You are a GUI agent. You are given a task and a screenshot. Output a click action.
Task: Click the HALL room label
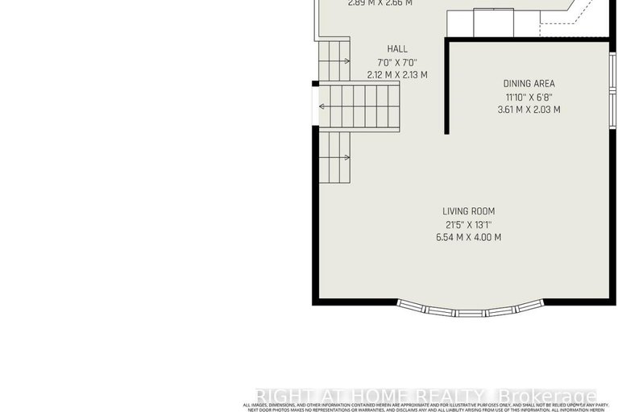[397, 49]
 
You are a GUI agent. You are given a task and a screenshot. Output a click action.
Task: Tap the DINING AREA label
[529, 83]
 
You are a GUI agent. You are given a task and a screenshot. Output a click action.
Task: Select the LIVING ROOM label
[468, 211]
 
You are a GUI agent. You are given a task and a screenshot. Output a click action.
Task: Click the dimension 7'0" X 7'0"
[397, 62]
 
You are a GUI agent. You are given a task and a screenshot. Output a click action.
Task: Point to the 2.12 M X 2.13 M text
[397, 75]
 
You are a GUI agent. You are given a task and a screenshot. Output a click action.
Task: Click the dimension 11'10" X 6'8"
[529, 97]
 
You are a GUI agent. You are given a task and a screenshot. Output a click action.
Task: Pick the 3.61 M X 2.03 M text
[529, 110]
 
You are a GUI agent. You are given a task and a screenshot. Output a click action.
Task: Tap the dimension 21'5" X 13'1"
[468, 224]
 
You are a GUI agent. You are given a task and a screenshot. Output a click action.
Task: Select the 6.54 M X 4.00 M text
[468, 237]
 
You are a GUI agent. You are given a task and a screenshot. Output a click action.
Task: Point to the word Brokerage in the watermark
[548, 397]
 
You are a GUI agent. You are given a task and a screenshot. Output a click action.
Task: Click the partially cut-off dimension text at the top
[380, 3]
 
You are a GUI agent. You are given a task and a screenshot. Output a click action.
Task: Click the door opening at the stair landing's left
[315, 106]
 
